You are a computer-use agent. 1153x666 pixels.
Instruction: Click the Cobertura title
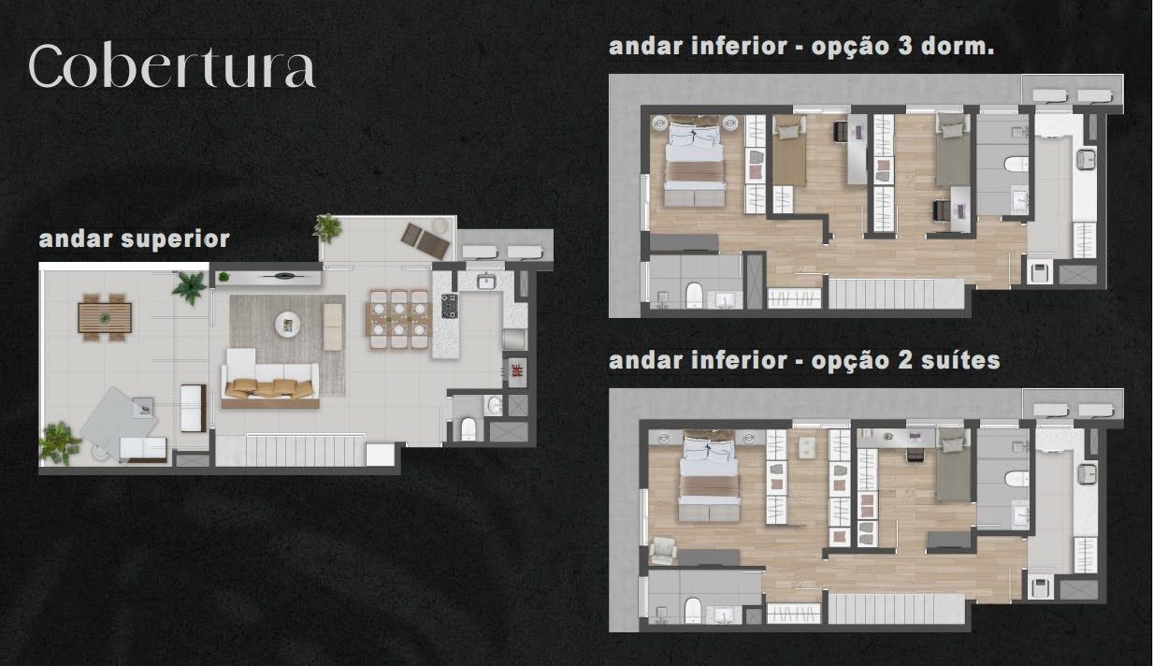click(172, 67)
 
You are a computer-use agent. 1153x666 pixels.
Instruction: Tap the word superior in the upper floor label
click(175, 239)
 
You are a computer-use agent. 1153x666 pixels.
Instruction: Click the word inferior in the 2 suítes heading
click(739, 360)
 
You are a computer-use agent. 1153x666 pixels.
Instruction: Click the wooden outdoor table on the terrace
click(105, 317)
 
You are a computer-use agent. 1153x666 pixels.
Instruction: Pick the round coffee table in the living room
click(288, 325)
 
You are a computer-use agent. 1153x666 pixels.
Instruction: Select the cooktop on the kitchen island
click(450, 306)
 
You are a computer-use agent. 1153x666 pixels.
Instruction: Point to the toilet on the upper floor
click(468, 429)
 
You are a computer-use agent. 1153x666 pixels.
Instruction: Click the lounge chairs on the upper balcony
click(425, 240)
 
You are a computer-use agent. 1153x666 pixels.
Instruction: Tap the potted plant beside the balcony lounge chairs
click(327, 227)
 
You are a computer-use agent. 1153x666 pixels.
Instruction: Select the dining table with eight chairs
click(399, 319)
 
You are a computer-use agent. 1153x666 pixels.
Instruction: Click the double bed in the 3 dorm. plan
click(695, 161)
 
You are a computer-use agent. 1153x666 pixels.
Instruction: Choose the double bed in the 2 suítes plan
click(710, 475)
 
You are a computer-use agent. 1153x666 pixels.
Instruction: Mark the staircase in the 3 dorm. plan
click(896, 294)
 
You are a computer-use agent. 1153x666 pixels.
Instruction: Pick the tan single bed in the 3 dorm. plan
click(789, 151)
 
